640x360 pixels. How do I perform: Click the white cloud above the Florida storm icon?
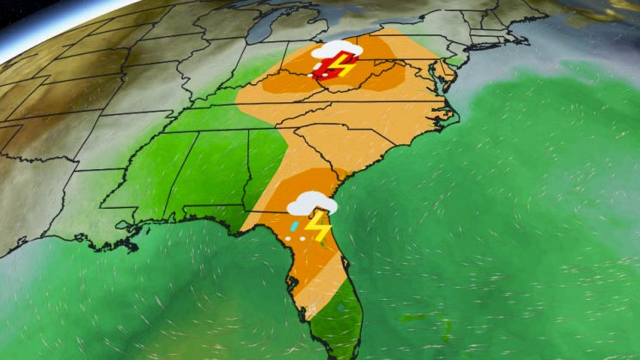(310, 204)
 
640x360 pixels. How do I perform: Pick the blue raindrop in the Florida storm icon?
(295, 226)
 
